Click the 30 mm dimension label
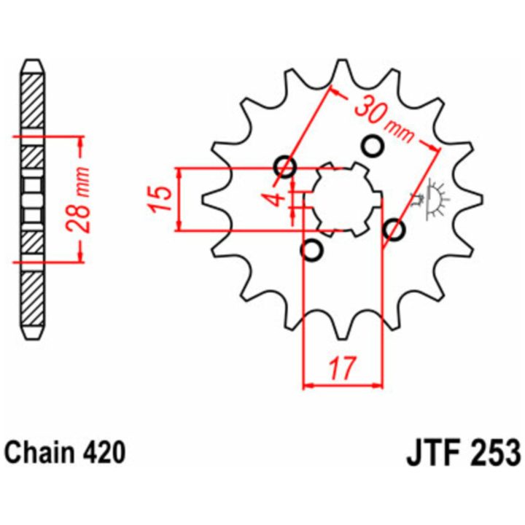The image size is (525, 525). [x=384, y=119]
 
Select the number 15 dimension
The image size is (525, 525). [x=160, y=198]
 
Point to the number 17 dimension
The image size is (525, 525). [x=343, y=368]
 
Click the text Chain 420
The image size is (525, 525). [x=66, y=453]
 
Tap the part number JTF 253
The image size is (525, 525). [x=464, y=454]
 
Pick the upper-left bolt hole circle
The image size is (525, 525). [x=285, y=166]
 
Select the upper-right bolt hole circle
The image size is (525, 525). [x=373, y=145]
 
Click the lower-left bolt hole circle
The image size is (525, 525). [x=312, y=250]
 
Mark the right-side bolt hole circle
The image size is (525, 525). [x=394, y=230]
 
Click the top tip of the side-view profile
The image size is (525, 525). [x=34, y=61]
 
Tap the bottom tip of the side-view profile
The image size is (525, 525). [x=34, y=340]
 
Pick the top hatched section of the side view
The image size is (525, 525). [x=34, y=101]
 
